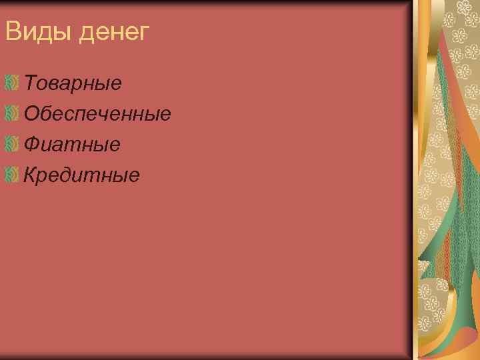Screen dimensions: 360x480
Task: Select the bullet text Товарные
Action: click(x=73, y=83)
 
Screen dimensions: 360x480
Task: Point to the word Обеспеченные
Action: click(x=97, y=113)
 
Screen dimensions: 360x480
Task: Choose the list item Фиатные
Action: click(x=72, y=143)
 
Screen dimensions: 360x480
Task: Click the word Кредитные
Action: click(x=81, y=175)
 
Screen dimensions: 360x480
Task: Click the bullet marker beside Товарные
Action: click(x=10, y=83)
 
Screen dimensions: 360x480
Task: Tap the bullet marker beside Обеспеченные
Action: click(x=10, y=113)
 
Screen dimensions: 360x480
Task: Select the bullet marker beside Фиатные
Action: click(x=10, y=143)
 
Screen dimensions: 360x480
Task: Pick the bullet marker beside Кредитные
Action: click(x=10, y=175)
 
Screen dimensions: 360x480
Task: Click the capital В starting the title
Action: click(x=12, y=31)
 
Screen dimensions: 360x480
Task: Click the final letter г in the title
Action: click(x=145, y=33)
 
